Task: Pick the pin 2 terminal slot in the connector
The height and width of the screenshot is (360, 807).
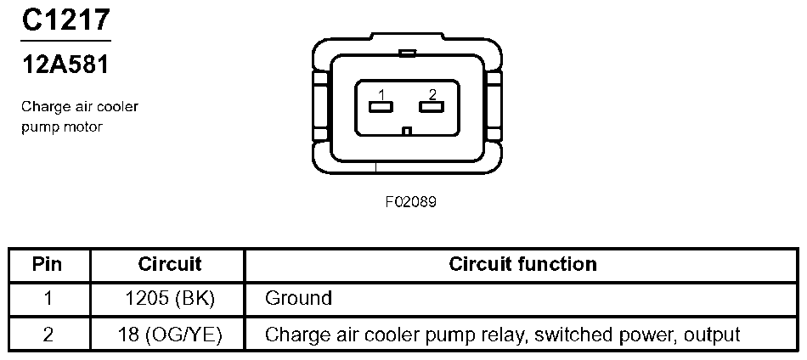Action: pyautogui.click(x=432, y=107)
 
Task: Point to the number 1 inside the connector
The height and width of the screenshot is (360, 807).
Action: pyautogui.click(x=382, y=93)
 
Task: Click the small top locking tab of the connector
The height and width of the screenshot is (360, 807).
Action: pyautogui.click(x=407, y=53)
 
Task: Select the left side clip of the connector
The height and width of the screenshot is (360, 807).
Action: pyautogui.click(x=319, y=106)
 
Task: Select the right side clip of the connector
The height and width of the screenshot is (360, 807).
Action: pyautogui.click(x=495, y=106)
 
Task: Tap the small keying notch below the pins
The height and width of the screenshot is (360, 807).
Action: pyautogui.click(x=408, y=131)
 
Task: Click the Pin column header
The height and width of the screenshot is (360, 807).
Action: pyautogui.click(x=48, y=264)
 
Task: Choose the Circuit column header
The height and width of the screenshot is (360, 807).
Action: pyautogui.click(x=170, y=264)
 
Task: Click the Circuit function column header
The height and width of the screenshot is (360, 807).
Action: pyautogui.click(x=522, y=264)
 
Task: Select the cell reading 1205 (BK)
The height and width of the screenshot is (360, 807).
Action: pyautogui.click(x=170, y=299)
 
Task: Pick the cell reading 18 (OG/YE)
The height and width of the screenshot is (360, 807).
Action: pyautogui.click(x=170, y=335)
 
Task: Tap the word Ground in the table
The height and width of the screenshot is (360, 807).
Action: pyautogui.click(x=298, y=299)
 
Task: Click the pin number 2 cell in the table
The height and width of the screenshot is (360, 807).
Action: pyautogui.click(x=48, y=335)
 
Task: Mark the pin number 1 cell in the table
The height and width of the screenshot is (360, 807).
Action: pyautogui.click(x=48, y=299)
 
